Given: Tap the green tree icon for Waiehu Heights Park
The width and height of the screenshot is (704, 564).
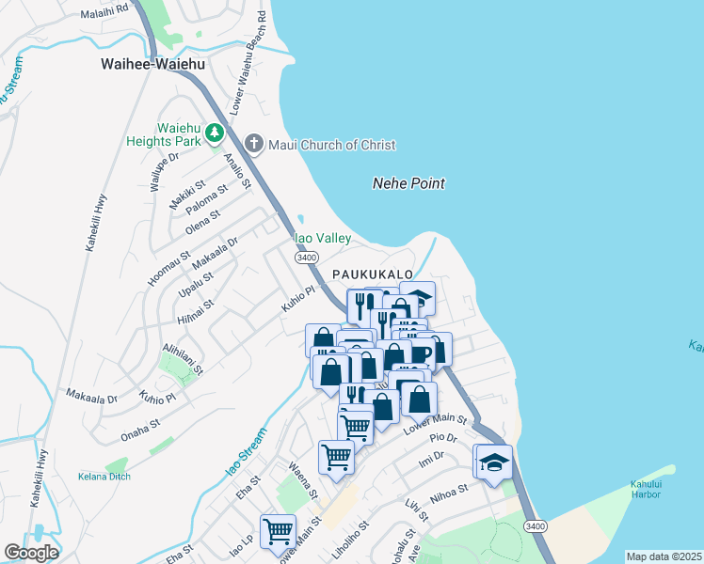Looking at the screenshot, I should point(216,133).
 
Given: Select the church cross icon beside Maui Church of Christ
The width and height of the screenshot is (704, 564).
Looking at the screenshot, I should point(253,144).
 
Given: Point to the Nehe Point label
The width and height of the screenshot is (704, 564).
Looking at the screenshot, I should point(408,183).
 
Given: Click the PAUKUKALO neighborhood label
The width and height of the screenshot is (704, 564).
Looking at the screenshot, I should point(373,274).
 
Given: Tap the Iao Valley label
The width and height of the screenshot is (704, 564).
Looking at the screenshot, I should point(323,239).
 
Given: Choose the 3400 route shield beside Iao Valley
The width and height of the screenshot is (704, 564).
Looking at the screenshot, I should point(305,257).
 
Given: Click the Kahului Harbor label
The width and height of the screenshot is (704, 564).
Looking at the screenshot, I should point(652,490).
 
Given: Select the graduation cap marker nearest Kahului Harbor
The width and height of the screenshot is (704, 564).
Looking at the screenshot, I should point(494,462).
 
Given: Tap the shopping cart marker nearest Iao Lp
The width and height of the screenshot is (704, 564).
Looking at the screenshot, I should point(278,531).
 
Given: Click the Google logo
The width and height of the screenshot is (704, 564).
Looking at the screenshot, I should point(30,553).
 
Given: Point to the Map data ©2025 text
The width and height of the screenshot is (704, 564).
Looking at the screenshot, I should point(664,556).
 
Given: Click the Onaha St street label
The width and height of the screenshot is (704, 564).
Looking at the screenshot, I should point(142,431).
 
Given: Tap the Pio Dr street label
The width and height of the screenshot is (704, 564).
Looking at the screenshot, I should point(442,437).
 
